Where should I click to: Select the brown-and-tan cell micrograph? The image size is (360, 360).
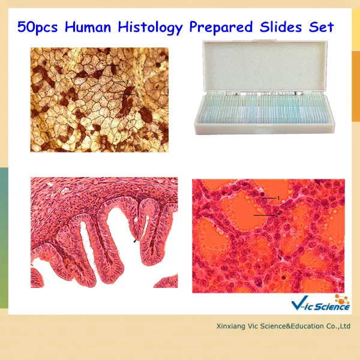pyautogui.click(x=99, y=100)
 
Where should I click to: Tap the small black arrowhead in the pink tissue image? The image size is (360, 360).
pyautogui.click(x=135, y=241)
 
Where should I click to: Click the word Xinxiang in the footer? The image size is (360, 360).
pyautogui.click(x=231, y=327)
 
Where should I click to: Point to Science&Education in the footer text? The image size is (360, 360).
pyautogui.click(x=288, y=327)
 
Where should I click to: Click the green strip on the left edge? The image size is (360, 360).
pyautogui.click(x=3, y=198)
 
